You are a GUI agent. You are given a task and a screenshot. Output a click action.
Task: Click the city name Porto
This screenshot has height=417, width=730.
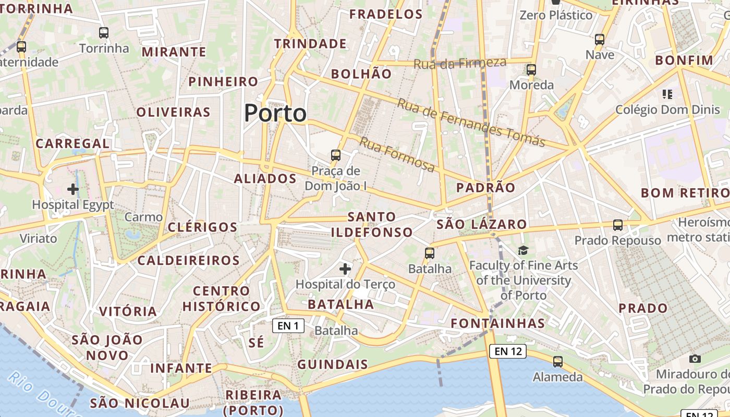[275, 113]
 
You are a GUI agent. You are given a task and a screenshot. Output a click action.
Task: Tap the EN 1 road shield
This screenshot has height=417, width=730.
[288, 326]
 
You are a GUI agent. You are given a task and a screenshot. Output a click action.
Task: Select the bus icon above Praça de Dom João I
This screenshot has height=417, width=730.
[336, 155]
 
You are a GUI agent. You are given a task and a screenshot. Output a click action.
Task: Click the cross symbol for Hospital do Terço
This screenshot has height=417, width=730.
[345, 269]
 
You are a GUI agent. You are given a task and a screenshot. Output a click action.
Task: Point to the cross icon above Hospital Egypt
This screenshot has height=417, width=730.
[73, 189]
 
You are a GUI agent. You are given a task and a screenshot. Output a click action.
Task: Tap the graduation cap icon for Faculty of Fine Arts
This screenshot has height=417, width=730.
[523, 251]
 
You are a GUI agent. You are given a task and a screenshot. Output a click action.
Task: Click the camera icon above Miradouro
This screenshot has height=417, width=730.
[695, 359]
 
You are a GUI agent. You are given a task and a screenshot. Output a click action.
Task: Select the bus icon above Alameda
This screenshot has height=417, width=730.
[558, 361]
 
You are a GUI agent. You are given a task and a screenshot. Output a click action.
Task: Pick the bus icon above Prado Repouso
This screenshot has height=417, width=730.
[618, 225]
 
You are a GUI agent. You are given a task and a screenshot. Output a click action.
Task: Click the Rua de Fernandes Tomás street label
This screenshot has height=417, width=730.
[471, 122]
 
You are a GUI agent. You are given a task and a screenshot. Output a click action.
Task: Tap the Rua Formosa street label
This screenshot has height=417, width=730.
[397, 154]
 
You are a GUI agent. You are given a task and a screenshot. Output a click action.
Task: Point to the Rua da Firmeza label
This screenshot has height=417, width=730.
[460, 63]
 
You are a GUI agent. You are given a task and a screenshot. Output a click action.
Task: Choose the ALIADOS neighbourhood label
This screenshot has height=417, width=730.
[265, 179]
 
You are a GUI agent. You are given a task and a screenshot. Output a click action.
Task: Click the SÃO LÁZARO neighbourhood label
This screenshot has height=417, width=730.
[482, 225]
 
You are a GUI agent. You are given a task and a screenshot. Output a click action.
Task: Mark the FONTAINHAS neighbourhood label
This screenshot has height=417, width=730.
[497, 323]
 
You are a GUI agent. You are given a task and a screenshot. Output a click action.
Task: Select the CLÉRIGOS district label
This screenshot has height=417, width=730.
[203, 227]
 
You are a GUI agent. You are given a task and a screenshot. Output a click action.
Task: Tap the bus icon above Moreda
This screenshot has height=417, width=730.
[531, 69]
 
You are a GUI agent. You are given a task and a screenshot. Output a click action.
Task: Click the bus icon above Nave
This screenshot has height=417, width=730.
[600, 39]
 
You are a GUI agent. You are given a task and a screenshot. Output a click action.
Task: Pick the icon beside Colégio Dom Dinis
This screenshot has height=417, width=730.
[667, 94]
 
